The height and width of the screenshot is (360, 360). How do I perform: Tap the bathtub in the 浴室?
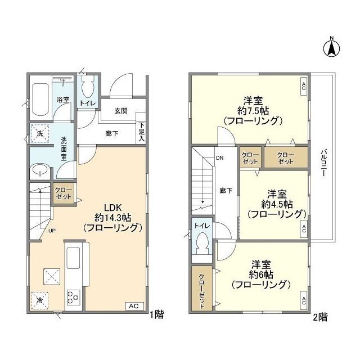(x=40, y=100)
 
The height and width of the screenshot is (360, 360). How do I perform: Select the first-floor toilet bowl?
(x=88, y=88)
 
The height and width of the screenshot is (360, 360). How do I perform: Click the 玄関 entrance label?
(x=121, y=111)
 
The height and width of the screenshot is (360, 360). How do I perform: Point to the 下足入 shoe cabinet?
(x=141, y=128)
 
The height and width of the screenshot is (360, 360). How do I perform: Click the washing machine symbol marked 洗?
(x=40, y=134)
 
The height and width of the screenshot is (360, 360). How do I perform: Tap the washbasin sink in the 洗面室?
(x=40, y=170)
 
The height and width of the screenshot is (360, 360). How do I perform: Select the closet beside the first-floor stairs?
(x=64, y=193)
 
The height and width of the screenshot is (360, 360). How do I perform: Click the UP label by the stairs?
(x=52, y=231)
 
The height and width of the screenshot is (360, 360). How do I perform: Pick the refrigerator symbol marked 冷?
(x=40, y=300)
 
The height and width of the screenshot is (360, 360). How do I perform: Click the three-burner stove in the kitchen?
(x=74, y=298)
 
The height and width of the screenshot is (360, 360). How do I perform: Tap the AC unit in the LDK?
(x=134, y=306)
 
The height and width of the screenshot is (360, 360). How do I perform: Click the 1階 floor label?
(x=157, y=314)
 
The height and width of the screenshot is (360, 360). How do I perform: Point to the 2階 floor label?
(x=321, y=317)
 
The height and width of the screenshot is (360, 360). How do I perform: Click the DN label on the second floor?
(x=220, y=158)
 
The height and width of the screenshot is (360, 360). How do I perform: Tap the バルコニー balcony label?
(x=324, y=163)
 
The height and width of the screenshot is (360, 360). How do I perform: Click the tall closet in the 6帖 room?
(x=202, y=289)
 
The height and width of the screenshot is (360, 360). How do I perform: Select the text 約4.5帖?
(x=277, y=204)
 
